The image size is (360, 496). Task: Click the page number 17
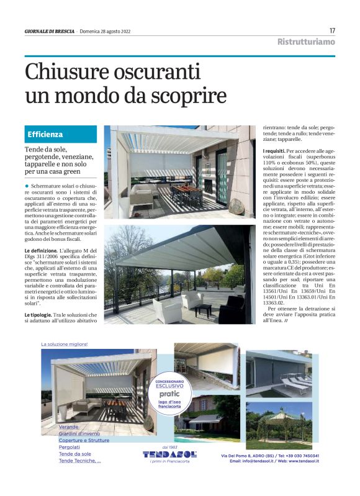click(x=332, y=30)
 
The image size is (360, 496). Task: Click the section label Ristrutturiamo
click(x=305, y=42)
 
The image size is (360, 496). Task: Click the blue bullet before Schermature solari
click(x=27, y=186)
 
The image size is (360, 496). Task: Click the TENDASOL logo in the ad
click(x=169, y=454)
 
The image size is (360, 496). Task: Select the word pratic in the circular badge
click(x=169, y=394)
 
